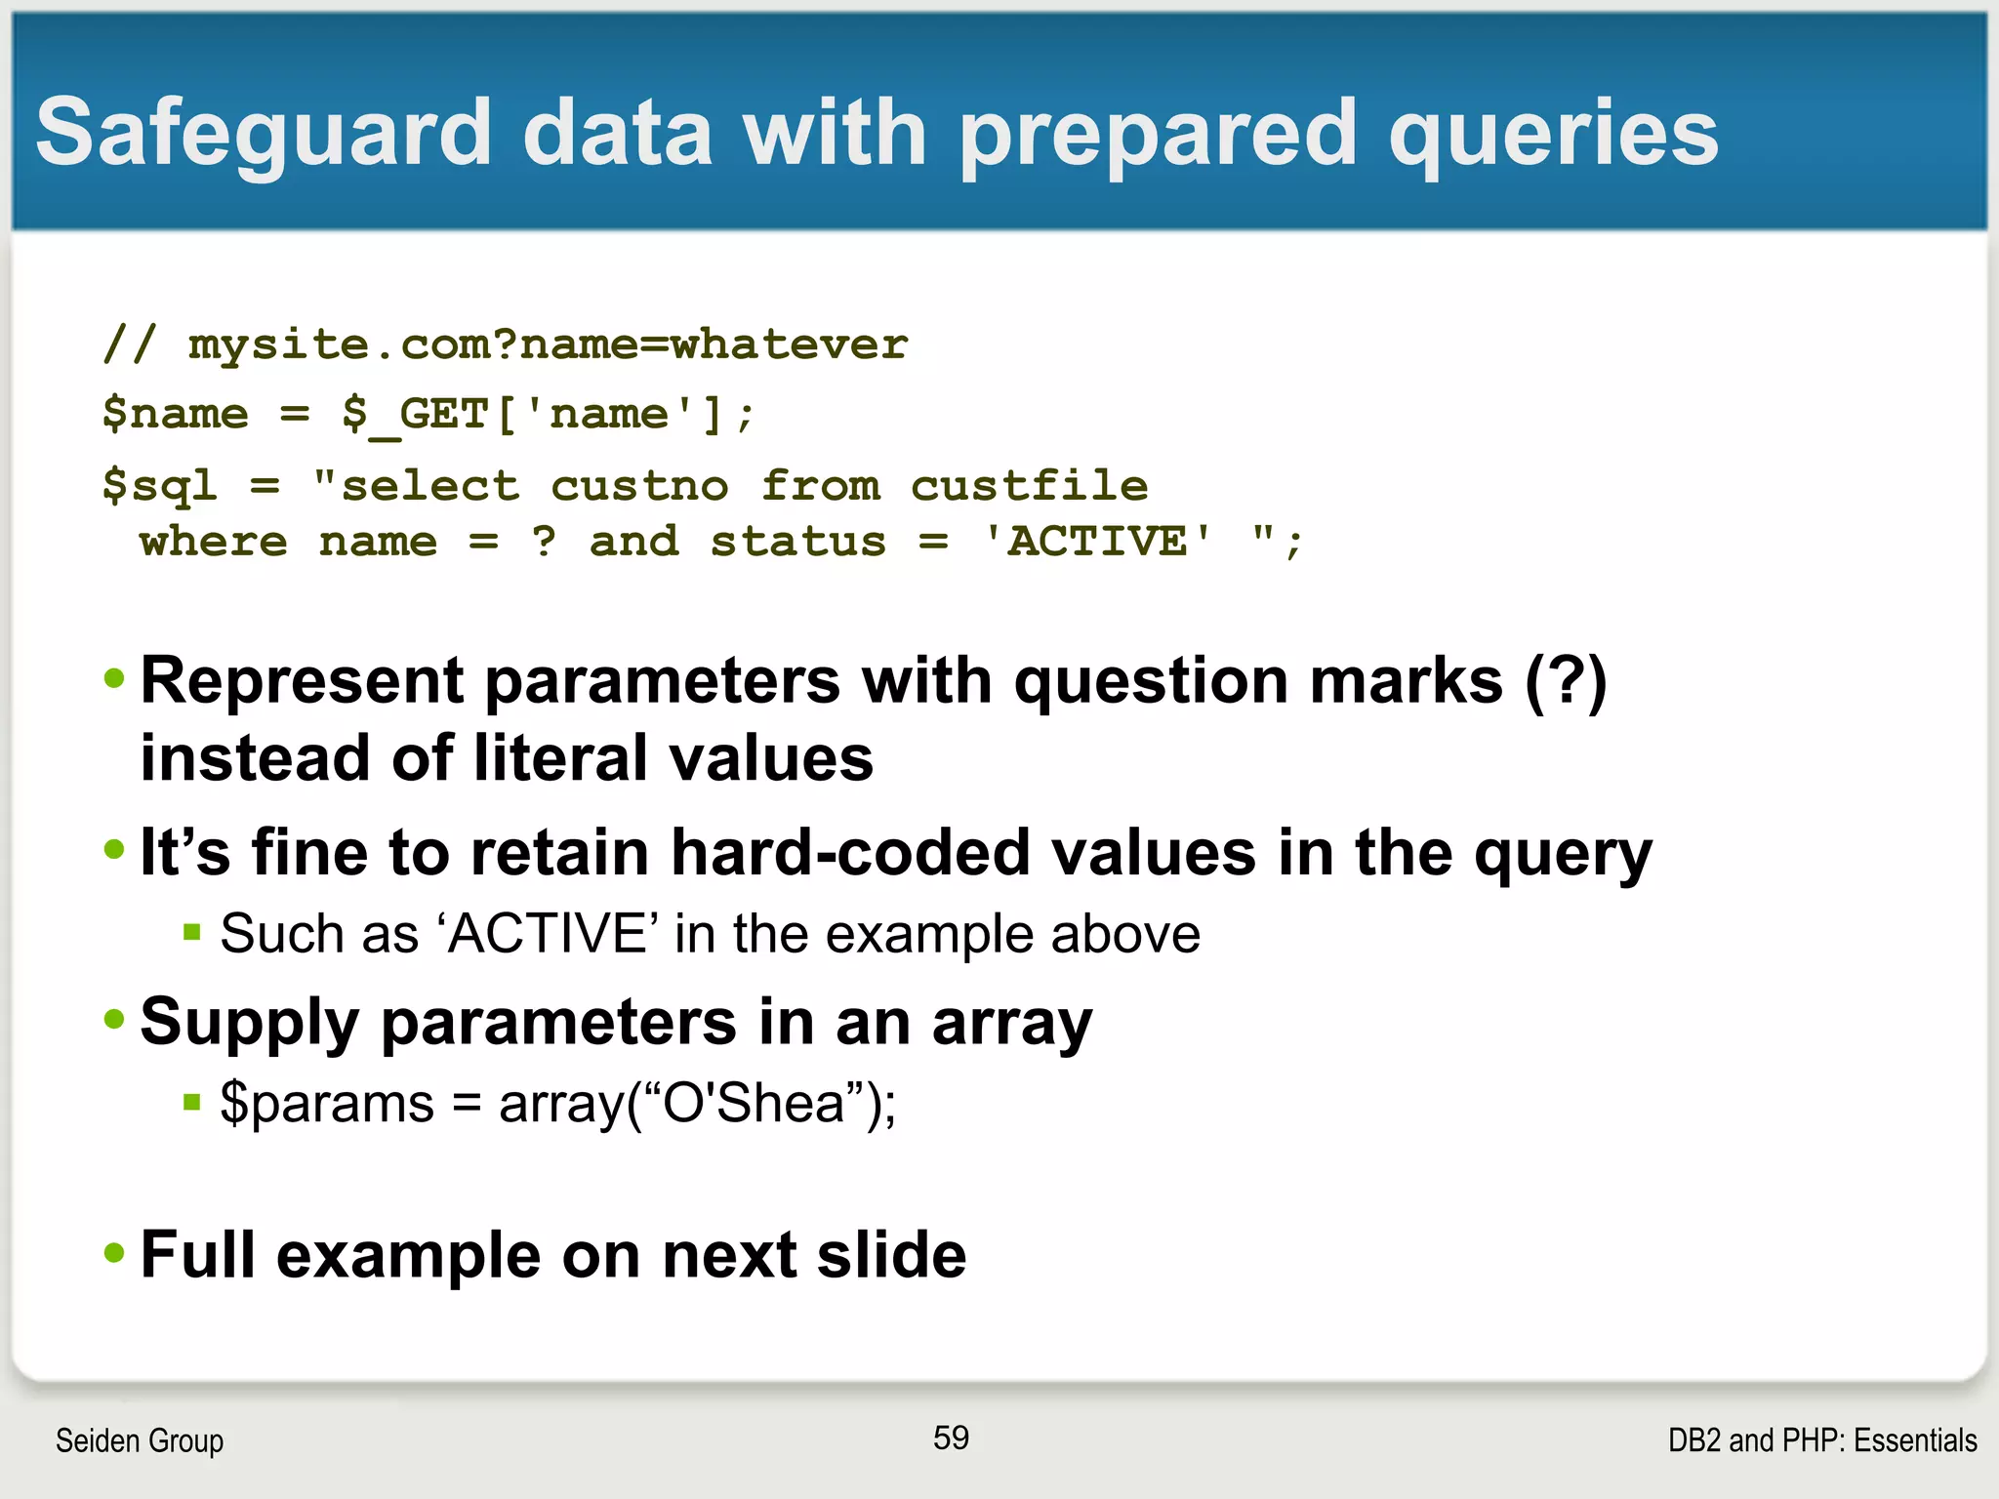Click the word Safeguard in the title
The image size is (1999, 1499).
tap(264, 134)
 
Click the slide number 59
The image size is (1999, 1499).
tap(951, 1438)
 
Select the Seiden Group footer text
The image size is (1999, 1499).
tap(140, 1440)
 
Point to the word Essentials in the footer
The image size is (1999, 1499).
tap(1915, 1440)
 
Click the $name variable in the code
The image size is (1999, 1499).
tap(176, 414)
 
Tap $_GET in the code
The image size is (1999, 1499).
tap(415, 414)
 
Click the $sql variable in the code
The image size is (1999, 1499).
tap(159, 486)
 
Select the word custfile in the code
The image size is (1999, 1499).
tap(1029, 486)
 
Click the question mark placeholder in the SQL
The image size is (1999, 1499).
tap(545, 542)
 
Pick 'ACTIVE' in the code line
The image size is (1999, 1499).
tap(1098, 542)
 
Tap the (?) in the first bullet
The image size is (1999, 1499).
tap(1566, 680)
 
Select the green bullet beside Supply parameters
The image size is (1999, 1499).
tap(115, 1020)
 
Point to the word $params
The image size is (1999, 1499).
tap(326, 1104)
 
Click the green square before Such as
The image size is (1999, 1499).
tap(192, 932)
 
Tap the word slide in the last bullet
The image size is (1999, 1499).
tap(890, 1255)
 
